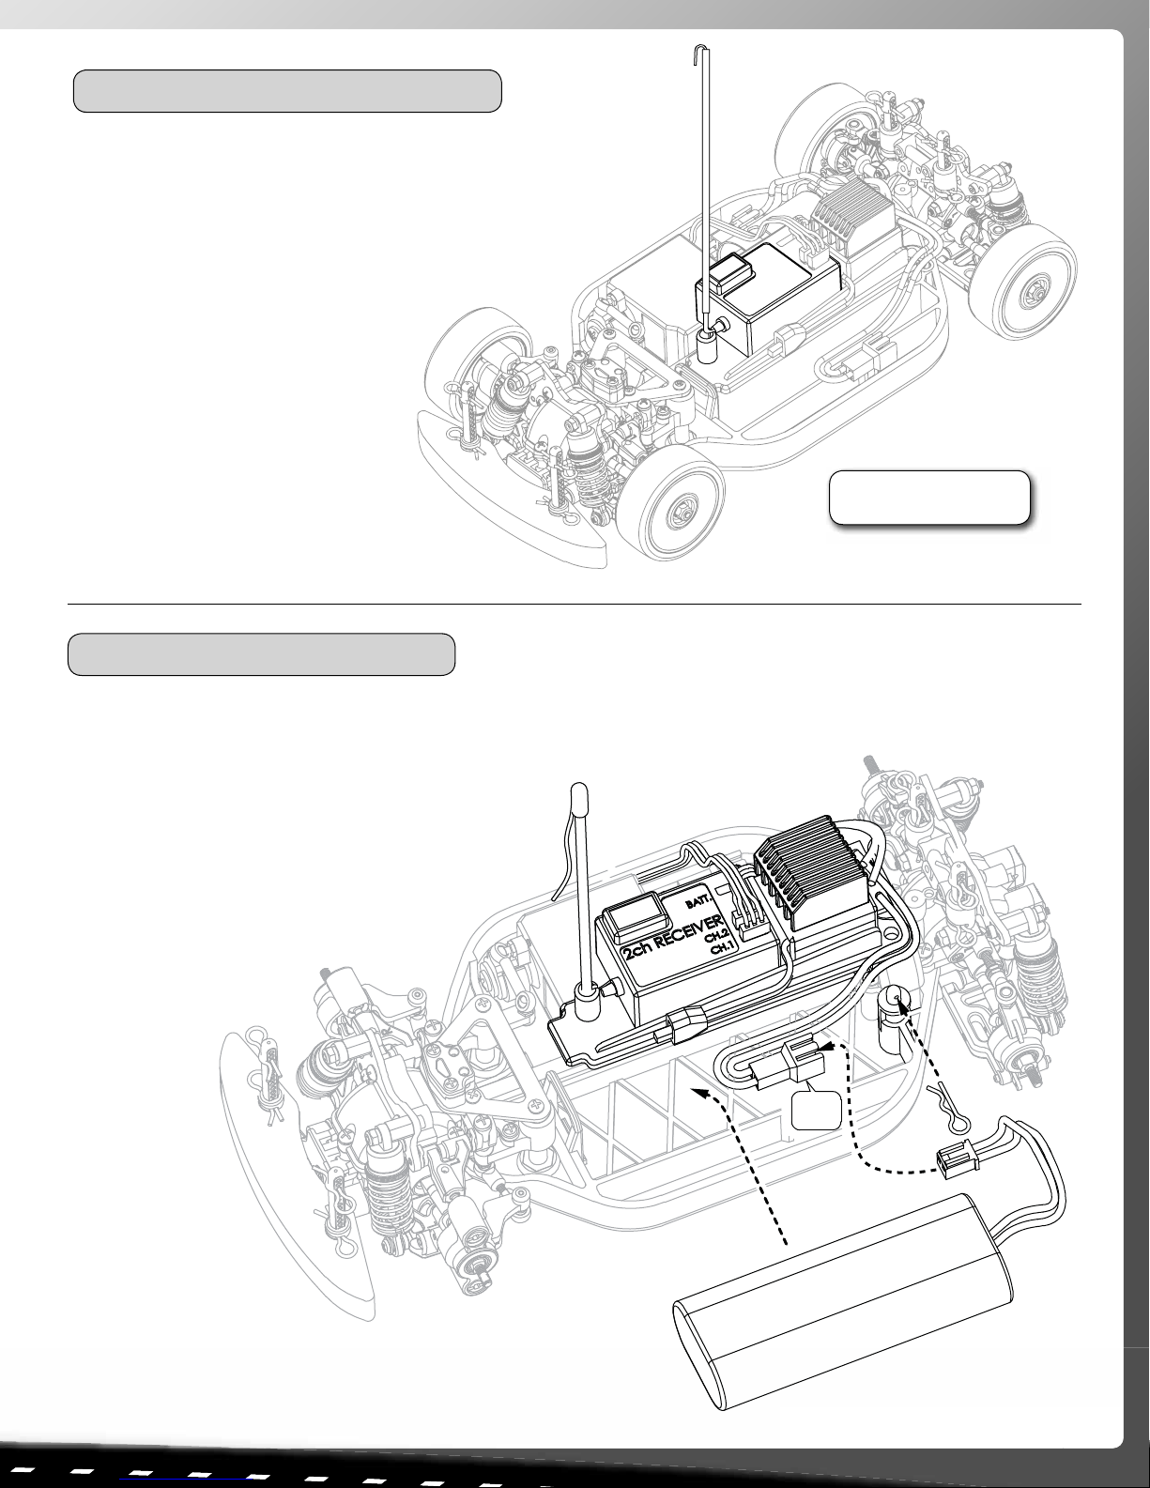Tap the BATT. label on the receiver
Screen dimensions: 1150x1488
pyautogui.click(x=700, y=901)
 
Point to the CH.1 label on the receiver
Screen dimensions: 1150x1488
pyautogui.click(x=722, y=948)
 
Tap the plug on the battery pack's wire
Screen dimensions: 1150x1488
pyautogui.click(x=953, y=1163)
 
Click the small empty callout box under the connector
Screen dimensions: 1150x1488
pyautogui.click(x=817, y=1110)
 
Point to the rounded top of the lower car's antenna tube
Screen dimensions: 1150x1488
pyautogui.click(x=579, y=791)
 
